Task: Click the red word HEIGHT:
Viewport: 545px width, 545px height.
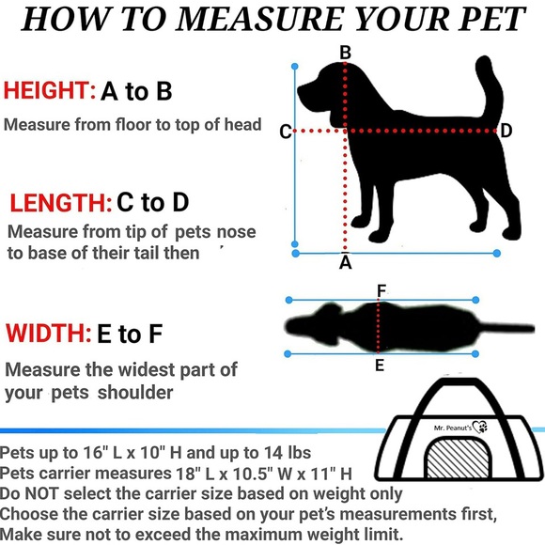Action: point(49,91)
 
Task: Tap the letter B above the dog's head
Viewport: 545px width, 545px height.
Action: point(345,54)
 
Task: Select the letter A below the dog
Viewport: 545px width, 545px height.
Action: point(345,263)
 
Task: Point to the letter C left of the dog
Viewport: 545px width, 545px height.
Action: point(286,132)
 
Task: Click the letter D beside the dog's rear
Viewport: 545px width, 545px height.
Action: point(506,132)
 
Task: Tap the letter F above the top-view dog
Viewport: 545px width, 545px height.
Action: point(381,292)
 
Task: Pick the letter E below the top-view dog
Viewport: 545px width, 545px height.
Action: point(380,366)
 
